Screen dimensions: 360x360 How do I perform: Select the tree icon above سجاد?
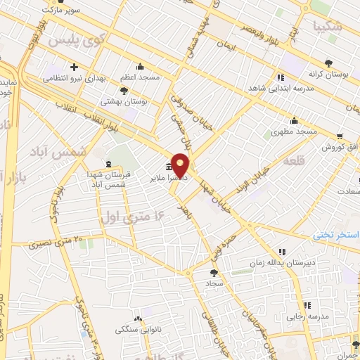214,273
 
